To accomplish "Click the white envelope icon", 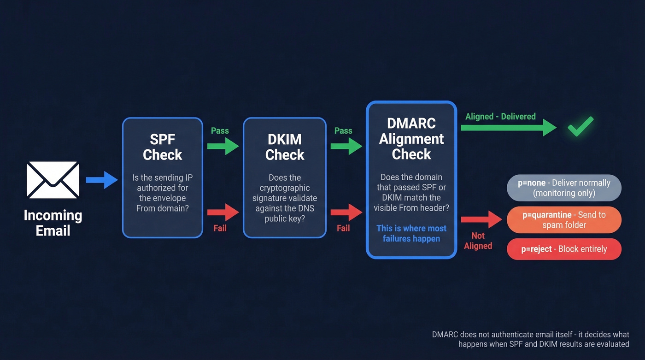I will point(53,180).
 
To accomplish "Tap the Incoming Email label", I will point(53,223).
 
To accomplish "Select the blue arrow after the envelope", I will point(102,180).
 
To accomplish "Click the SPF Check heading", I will point(162,147).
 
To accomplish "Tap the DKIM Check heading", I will point(285,147).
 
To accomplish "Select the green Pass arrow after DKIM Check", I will point(346,146).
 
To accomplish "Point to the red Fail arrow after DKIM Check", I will point(346,212).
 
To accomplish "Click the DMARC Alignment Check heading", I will point(411,139).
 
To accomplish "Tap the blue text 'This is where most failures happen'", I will point(411,233).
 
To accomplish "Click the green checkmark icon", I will point(580,125).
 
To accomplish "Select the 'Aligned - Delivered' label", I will point(500,117).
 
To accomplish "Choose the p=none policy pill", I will point(564,188).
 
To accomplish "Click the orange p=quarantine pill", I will point(564,220).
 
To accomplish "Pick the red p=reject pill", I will point(564,249).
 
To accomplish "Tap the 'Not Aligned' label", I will point(478,241).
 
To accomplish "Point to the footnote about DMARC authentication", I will point(530,339).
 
